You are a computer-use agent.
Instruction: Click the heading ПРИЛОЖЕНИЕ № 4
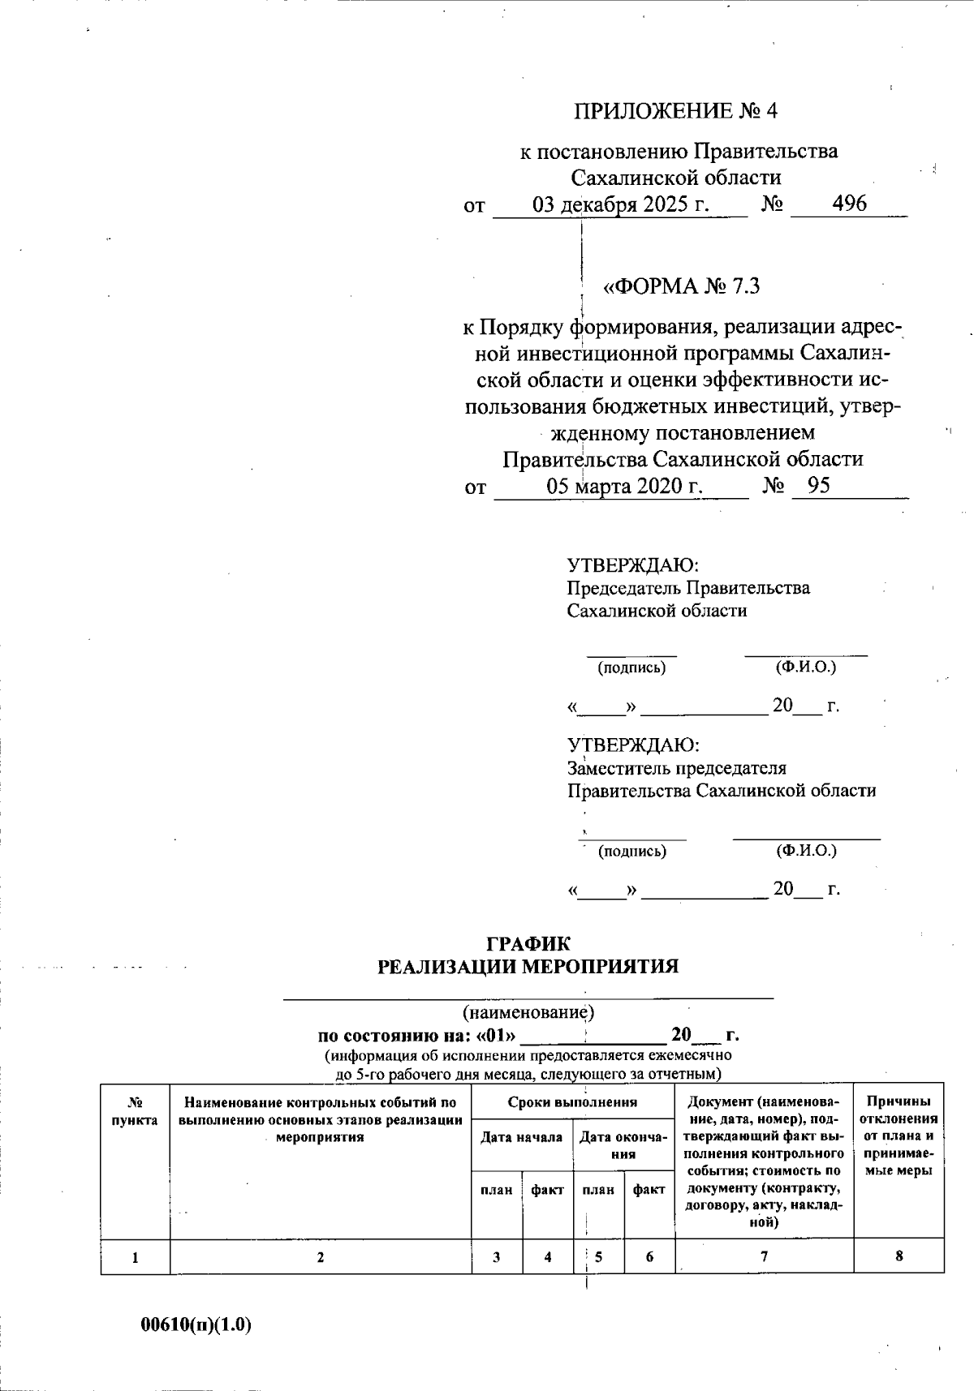(675, 111)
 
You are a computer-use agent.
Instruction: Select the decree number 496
(849, 204)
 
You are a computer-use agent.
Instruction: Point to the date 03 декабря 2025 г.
(621, 204)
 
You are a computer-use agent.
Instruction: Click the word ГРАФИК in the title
(528, 943)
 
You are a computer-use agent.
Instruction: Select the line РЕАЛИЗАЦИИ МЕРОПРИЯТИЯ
(528, 967)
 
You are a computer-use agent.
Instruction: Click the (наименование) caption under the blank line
(528, 1011)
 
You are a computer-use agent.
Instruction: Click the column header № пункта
(135, 1111)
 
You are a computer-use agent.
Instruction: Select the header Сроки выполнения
(572, 1102)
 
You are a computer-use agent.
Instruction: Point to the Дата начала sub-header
(521, 1137)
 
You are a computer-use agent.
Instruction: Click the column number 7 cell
(764, 1256)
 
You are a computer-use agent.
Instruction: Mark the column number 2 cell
(321, 1257)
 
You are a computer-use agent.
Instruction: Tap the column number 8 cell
(899, 1256)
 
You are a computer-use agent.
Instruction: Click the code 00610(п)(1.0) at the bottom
(196, 1325)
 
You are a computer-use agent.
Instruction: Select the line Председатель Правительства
(688, 588)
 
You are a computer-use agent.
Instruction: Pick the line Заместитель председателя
(677, 768)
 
